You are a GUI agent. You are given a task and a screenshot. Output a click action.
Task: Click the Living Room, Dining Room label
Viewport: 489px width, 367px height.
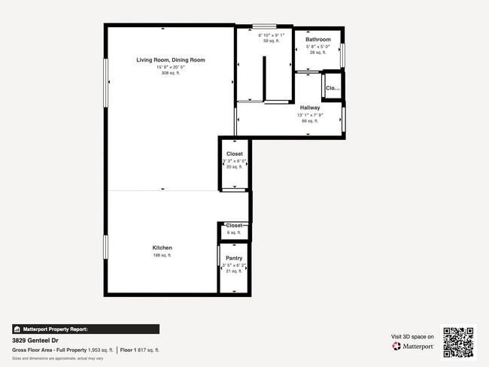pyautogui.click(x=170, y=59)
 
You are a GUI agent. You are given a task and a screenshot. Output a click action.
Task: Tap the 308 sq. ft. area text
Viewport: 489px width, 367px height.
pyautogui.click(x=170, y=74)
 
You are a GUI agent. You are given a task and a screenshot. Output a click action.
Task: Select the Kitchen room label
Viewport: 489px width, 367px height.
pyautogui.click(x=162, y=247)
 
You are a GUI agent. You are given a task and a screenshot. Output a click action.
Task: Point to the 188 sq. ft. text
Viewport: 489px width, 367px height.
pyautogui.click(x=162, y=256)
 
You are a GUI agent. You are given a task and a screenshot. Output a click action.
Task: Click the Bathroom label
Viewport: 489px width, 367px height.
pyautogui.click(x=317, y=39)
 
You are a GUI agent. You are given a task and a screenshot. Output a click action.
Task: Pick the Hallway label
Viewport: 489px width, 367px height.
pyautogui.click(x=310, y=108)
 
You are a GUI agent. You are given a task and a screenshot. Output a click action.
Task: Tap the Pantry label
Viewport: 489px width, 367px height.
pyautogui.click(x=234, y=258)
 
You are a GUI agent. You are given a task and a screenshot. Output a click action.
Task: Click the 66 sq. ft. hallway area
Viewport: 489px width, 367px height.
pyautogui.click(x=310, y=120)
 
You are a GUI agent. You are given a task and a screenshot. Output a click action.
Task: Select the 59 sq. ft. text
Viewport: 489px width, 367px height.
pyautogui.click(x=271, y=41)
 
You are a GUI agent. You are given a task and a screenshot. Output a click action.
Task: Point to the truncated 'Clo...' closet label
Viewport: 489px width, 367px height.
pyautogui.click(x=333, y=88)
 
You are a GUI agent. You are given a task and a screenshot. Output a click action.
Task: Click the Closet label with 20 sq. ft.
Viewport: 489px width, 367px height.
pyautogui.click(x=234, y=153)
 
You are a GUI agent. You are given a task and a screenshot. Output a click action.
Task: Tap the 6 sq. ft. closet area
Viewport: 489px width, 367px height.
pyautogui.click(x=234, y=232)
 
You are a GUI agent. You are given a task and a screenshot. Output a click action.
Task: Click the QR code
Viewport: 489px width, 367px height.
pyautogui.click(x=458, y=342)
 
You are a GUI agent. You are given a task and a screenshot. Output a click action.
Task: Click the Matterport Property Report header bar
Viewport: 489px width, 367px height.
pyautogui.click(x=86, y=329)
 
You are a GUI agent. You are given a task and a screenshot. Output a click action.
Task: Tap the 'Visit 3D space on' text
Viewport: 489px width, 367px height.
pyautogui.click(x=412, y=337)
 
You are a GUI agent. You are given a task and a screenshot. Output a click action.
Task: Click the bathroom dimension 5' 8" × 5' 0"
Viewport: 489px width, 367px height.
pyautogui.click(x=317, y=47)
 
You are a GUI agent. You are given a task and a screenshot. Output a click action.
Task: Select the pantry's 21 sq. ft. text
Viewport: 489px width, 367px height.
pyautogui.click(x=234, y=271)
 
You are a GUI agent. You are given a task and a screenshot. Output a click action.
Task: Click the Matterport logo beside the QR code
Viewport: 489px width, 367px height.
pyautogui.click(x=413, y=347)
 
